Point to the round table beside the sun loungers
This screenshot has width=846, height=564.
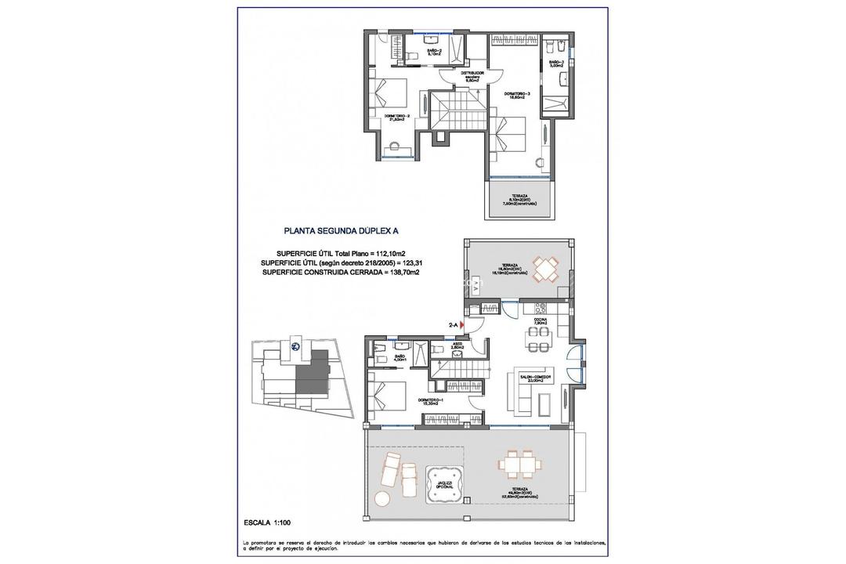(382, 498)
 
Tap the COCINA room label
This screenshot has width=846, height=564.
(541, 321)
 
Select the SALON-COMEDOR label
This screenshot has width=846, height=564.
(537, 378)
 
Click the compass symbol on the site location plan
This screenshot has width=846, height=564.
(296, 347)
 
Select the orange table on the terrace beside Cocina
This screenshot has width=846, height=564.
(545, 268)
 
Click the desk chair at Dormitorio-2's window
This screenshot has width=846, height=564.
(393, 144)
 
